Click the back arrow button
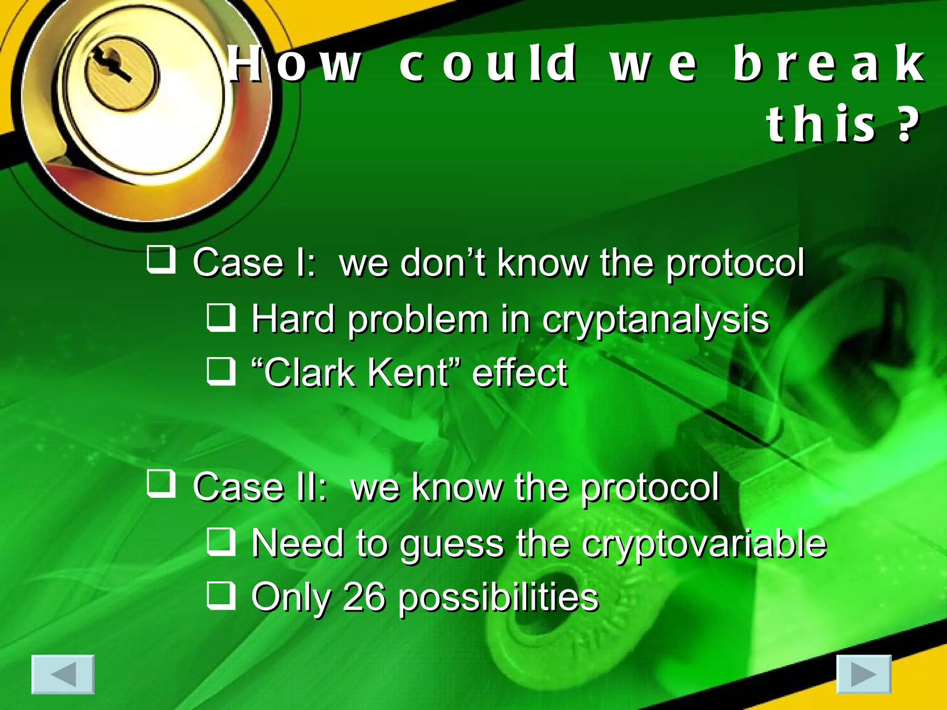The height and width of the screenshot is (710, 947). (63, 674)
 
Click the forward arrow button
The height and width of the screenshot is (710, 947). (864, 674)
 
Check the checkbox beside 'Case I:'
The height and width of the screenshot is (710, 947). (161, 260)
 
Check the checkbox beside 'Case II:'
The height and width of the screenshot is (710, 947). (161, 484)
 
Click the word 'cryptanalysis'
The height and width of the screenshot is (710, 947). (656, 320)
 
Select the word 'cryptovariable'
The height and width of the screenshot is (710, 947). (704, 544)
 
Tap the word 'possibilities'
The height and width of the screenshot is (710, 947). (498, 598)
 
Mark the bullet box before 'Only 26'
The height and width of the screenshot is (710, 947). (221, 595)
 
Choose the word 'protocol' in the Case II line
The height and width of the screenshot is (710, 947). (650, 487)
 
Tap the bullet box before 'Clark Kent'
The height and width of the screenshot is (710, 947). (221, 371)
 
